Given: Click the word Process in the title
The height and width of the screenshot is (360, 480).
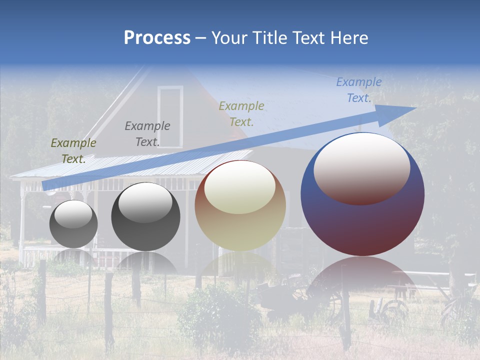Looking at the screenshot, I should point(157,37).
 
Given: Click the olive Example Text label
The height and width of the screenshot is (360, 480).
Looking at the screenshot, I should point(73,151).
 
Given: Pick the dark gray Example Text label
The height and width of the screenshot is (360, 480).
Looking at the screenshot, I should point(147,134).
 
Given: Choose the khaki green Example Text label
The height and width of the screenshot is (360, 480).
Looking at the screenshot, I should point(241,113).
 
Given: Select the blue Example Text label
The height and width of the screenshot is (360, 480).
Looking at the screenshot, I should point(358,90).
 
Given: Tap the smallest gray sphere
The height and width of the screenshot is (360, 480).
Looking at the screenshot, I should point(73,224).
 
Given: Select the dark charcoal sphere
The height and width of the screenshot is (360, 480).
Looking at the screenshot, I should point(145,217).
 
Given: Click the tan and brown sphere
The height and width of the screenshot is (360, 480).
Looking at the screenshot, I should point(240,206).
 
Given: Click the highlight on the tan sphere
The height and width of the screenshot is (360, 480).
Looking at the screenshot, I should point(239,187).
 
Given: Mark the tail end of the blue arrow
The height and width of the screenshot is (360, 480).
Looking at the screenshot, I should point(46,185).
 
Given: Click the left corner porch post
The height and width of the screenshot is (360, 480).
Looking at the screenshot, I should point(22,225).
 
